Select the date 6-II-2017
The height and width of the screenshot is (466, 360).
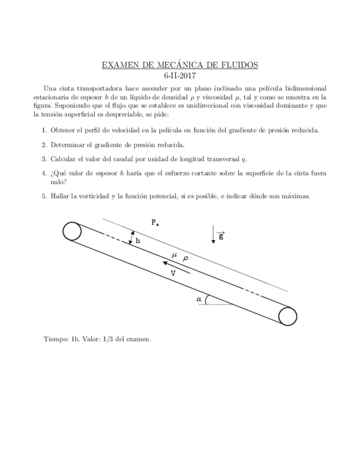tap(180, 76)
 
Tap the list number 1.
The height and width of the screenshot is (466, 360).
tap(43, 130)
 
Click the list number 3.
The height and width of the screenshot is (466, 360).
tap(43, 159)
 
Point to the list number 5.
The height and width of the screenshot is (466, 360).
tap(43, 196)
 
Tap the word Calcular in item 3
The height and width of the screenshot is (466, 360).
tap(64, 159)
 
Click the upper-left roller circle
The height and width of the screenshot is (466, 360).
tap(72, 231)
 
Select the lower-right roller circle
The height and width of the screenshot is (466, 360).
tap(287, 317)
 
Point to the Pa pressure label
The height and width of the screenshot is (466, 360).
tap(156, 223)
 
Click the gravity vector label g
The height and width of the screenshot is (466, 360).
tap(220, 236)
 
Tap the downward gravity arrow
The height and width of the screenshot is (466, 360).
tap(212, 234)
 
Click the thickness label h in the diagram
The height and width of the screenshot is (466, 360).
tap(138, 241)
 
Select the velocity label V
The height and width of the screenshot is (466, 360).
tap(173, 273)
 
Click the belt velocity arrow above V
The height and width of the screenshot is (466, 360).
tap(176, 267)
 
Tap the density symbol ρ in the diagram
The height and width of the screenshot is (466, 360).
tap(185, 258)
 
